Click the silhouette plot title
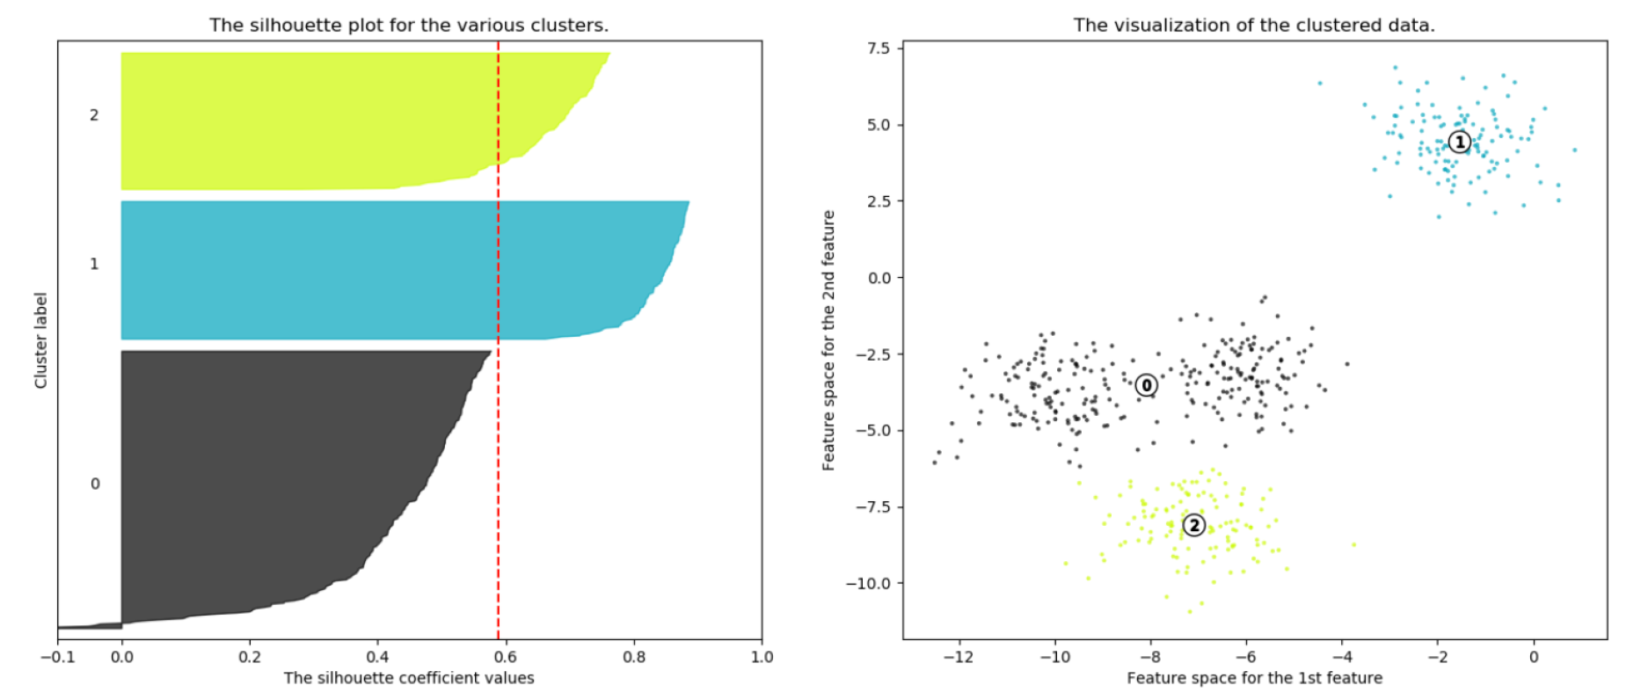click(x=409, y=26)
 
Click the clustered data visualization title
click(x=1254, y=26)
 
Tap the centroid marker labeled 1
click(x=1459, y=142)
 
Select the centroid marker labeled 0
click(x=1146, y=385)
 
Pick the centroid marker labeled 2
click(x=1193, y=526)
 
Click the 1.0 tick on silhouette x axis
click(x=762, y=657)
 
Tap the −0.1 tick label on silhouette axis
click(x=57, y=657)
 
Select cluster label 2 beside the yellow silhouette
click(x=94, y=115)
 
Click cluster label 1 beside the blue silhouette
click(x=94, y=264)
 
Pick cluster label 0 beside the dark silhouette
click(x=95, y=484)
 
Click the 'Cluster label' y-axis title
click(x=40, y=340)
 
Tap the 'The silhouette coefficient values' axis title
click(x=409, y=678)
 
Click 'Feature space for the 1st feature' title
click(x=1254, y=678)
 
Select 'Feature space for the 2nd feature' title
click(x=828, y=340)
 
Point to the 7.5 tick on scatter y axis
click(x=879, y=48)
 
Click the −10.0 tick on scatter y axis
click(x=869, y=583)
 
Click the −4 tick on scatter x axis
click(x=1342, y=657)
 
